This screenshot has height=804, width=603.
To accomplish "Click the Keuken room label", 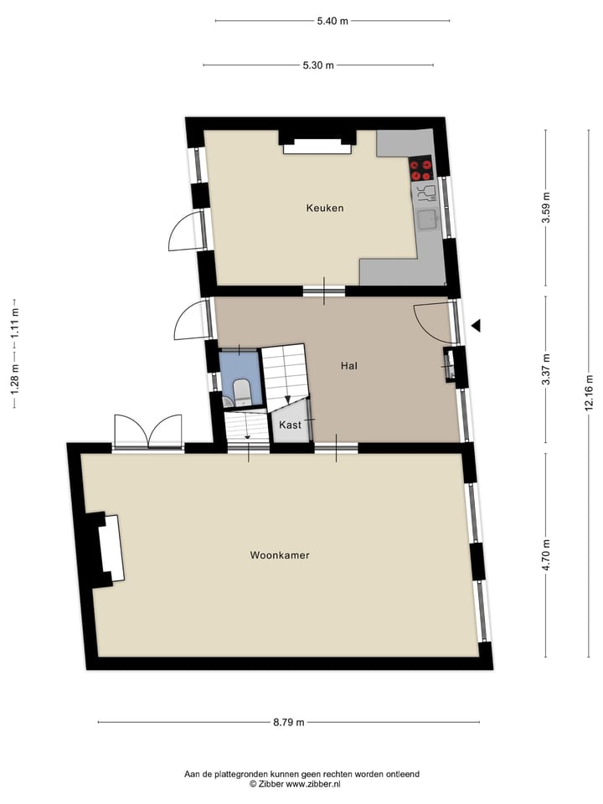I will [324, 209].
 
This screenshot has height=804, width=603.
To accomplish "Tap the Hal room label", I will [349, 366].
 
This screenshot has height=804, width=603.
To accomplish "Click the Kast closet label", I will [291, 425].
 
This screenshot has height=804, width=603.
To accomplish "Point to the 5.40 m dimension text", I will [332, 21].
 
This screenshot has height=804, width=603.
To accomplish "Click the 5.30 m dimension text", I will [318, 65].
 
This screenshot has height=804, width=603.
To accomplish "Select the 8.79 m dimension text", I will [288, 722].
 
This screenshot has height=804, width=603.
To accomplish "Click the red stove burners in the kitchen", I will [420, 170].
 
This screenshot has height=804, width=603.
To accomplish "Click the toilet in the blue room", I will [240, 391].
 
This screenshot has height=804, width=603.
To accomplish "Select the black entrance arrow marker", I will [476, 326].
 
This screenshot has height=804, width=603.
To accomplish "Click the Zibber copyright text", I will [301, 784].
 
